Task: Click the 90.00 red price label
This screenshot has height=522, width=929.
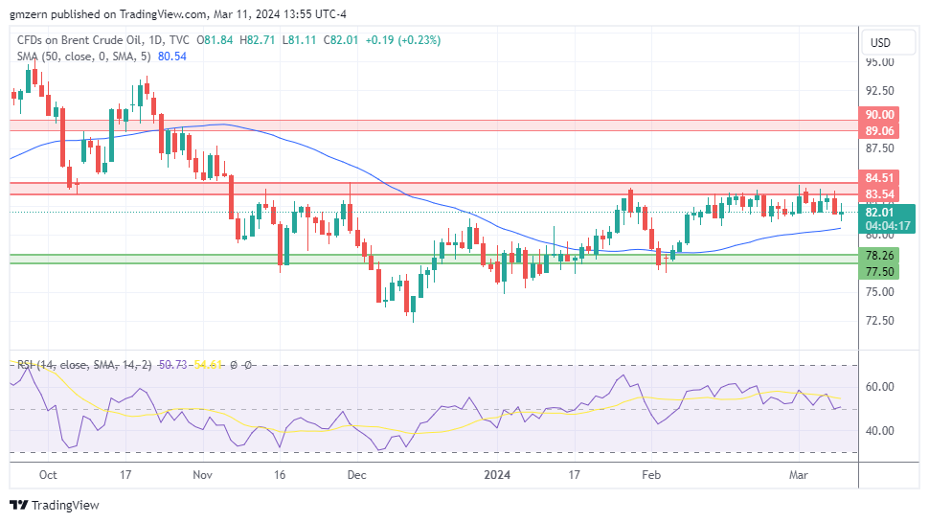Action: pyautogui.click(x=879, y=114)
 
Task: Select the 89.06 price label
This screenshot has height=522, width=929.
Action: pyautogui.click(x=879, y=131)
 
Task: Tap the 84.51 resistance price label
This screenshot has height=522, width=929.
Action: pyautogui.click(x=879, y=177)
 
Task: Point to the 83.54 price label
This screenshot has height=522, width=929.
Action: pyautogui.click(x=879, y=194)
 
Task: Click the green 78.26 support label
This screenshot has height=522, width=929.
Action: pyautogui.click(x=879, y=256)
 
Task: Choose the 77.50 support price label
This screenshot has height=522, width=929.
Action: pyautogui.click(x=879, y=272)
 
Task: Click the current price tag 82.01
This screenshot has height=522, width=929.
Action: pyautogui.click(x=879, y=213)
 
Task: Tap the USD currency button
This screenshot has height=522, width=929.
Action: pyautogui.click(x=878, y=43)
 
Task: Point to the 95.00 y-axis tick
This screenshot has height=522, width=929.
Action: pyautogui.click(x=879, y=62)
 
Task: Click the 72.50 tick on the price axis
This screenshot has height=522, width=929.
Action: pyautogui.click(x=879, y=321)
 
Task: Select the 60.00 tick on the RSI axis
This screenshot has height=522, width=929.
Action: pyautogui.click(x=879, y=387)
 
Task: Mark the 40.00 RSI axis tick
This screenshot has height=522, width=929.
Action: pyautogui.click(x=879, y=430)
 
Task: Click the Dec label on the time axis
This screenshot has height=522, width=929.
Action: pyautogui.click(x=356, y=474)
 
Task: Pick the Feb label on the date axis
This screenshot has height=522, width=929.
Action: pyautogui.click(x=651, y=474)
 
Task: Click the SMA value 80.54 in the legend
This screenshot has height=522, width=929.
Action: pyautogui.click(x=171, y=57)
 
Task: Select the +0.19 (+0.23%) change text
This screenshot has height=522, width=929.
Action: pyautogui.click(x=381, y=40)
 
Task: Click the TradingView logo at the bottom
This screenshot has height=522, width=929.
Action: pyautogui.click(x=55, y=505)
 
